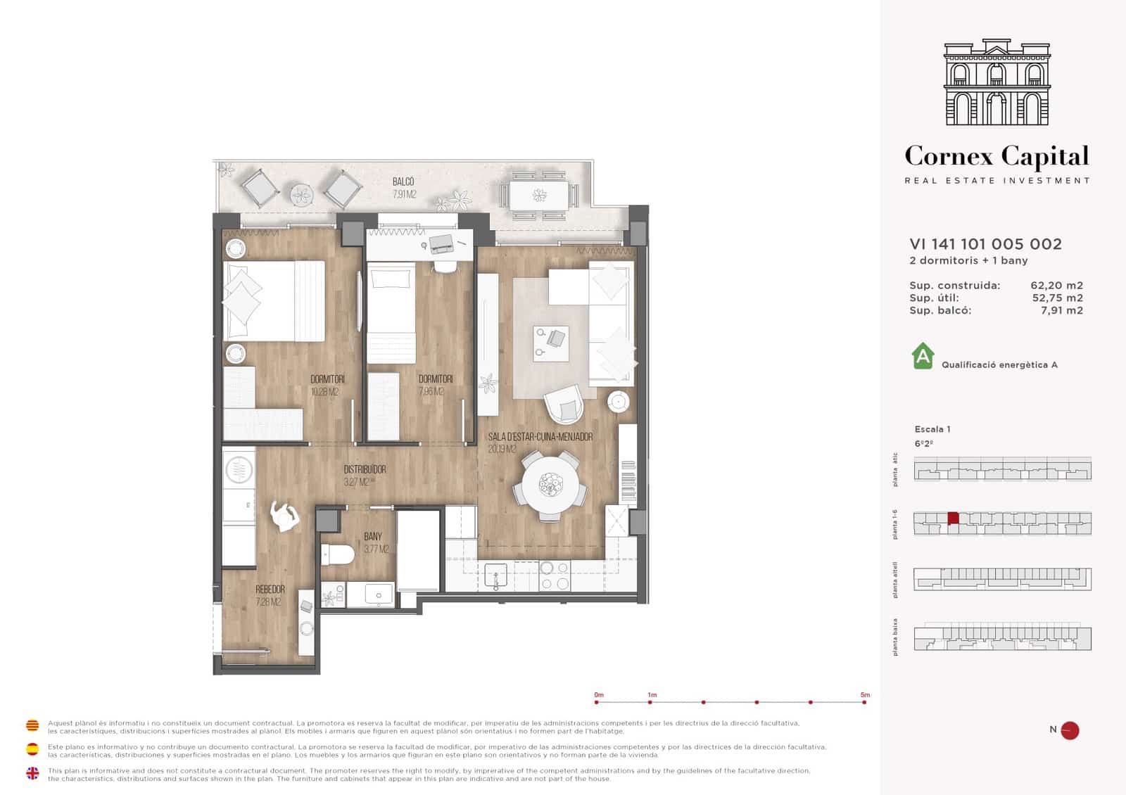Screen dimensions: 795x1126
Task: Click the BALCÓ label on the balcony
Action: click(403, 182)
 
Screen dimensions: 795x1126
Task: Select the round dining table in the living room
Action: click(550, 485)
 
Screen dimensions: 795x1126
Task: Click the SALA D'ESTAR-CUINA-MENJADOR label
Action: click(540, 437)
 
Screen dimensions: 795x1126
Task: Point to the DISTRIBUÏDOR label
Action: click(365, 469)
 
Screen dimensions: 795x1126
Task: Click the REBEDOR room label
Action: click(270, 590)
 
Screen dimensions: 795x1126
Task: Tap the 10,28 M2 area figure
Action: click(324, 392)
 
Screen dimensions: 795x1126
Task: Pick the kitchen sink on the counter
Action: click(495, 575)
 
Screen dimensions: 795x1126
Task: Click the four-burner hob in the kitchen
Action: click(554, 575)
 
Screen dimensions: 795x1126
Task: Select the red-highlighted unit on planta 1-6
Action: click(953, 518)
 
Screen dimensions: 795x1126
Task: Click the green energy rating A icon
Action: click(923, 356)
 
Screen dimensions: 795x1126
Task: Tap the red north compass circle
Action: click(1070, 730)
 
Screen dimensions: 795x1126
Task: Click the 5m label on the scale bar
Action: click(865, 694)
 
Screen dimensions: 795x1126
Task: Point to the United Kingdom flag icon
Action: click(32, 773)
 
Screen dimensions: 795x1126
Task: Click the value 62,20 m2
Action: click(1056, 286)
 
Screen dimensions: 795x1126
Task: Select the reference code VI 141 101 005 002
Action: click(985, 244)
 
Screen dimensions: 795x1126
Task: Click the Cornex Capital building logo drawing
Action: click(997, 83)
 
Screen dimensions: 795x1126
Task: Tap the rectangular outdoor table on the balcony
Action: click(539, 195)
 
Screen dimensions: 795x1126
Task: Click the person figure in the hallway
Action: click(285, 516)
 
